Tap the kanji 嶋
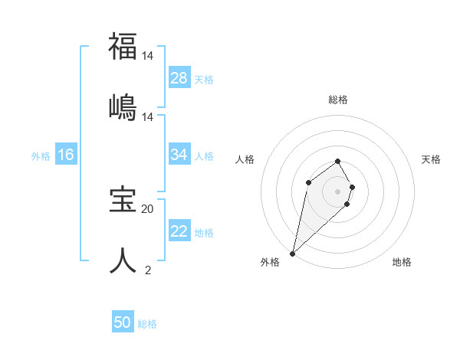pos(123,106)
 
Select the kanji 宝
pos(123,198)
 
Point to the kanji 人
pos(123,260)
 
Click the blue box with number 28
pos(179,78)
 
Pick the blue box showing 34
pos(179,155)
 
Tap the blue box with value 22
pos(179,231)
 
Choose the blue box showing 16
pos(65,155)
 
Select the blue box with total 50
pos(123,322)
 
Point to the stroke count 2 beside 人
pos(147,270)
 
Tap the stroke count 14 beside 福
pos(147,56)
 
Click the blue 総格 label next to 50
pos(147,324)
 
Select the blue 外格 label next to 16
pos(41,156)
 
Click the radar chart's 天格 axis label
pos(431,159)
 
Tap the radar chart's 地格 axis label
pos(402,262)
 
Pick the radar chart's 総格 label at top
pos(338,100)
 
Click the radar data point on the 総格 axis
pos(338,161)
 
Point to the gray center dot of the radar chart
pos(338,191)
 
